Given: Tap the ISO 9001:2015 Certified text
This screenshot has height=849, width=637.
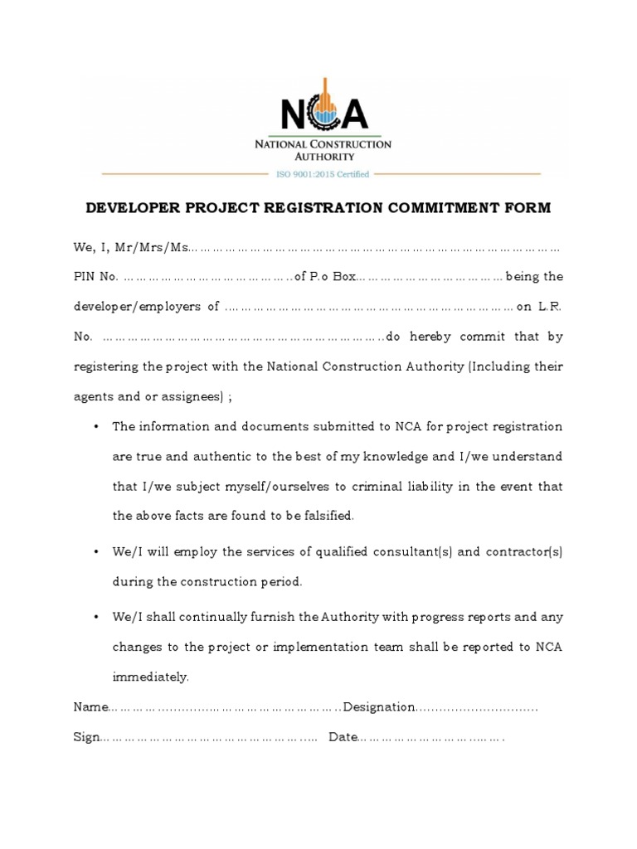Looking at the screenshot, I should point(323,174).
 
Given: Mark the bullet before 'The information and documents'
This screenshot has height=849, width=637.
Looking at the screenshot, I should point(96,426).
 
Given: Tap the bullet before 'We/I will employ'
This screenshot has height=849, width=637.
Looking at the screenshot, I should point(96,551).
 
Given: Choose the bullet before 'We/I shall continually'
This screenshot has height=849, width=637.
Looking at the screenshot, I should point(96,617).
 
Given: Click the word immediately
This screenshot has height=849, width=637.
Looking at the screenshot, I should point(150,677).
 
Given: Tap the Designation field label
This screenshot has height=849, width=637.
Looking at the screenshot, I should point(379,707).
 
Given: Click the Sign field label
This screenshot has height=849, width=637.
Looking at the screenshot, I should point(86,737).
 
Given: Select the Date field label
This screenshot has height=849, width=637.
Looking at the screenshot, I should point(342,737).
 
